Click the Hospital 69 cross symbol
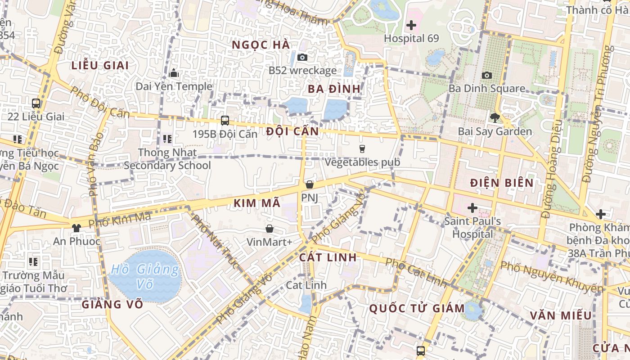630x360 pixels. coord(411,25)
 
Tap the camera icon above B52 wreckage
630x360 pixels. coord(302,57)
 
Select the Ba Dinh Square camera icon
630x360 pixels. coord(486,75)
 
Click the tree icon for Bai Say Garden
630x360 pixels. coord(495,118)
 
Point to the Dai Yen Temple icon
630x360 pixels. coord(174,73)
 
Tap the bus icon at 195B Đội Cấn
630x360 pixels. coord(225,121)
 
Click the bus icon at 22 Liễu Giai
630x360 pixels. coord(36,103)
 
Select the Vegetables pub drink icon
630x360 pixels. coord(362,148)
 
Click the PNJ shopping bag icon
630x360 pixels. coord(309,184)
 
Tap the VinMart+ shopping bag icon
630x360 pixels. coord(269,229)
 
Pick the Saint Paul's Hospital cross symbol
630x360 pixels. coord(472,208)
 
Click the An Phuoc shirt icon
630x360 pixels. coord(76,228)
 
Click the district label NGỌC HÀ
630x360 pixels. coord(261,45)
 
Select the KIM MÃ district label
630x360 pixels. coord(257,203)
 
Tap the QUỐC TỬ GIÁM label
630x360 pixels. coord(417,309)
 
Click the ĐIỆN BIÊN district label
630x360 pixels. coord(501,183)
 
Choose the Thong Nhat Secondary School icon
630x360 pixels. coord(167,139)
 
